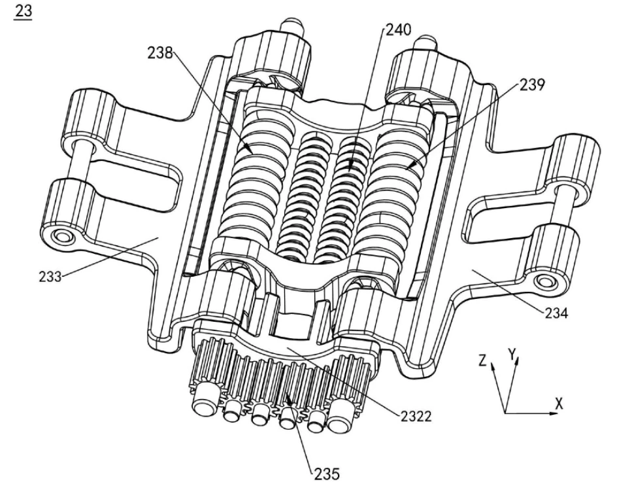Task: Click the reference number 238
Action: coord(160,52)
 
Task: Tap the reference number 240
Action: coord(398,29)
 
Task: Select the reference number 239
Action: coord(533,84)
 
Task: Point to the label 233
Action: coord(50,277)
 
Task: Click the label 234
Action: coord(556,313)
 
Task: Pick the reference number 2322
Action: coord(416,415)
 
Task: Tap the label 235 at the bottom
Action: coord(327,474)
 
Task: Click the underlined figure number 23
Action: coord(23,10)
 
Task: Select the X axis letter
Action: coord(559,403)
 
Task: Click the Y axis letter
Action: coord(512,355)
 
